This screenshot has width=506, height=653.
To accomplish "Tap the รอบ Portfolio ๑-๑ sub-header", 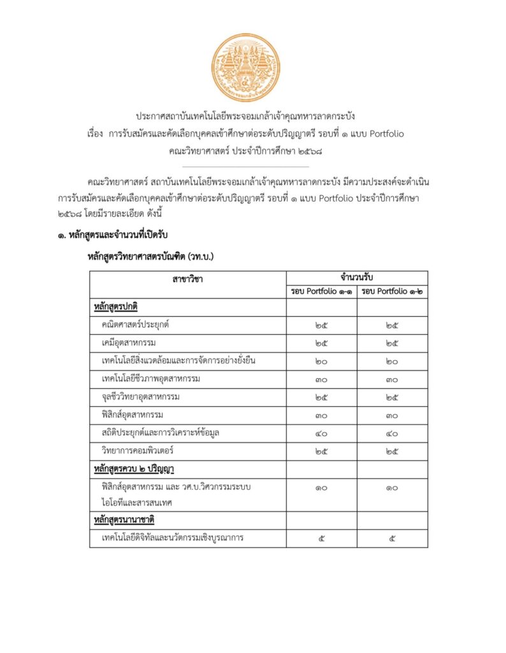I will click(x=321, y=292).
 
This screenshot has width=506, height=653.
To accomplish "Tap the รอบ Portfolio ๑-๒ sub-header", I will click(x=392, y=292).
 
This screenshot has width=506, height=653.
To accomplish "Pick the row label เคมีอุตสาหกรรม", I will click(x=129, y=343).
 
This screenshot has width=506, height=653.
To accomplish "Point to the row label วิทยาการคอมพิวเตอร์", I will click(x=138, y=451).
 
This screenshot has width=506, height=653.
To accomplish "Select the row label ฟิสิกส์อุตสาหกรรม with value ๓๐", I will click(x=133, y=415).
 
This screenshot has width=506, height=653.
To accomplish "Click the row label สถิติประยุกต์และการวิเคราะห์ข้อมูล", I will click(x=161, y=434).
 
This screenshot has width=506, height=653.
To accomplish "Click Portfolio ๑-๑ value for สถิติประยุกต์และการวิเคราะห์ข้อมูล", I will click(x=321, y=434).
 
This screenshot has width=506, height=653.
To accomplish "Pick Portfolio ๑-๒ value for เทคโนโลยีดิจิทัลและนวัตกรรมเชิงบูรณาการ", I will click(x=392, y=539).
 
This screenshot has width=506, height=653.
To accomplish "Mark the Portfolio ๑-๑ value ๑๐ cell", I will click(x=321, y=488).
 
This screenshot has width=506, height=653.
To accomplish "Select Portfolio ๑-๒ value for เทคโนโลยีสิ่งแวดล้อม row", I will click(x=392, y=362).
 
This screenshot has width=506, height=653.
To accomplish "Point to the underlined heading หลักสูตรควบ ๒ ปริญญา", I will click(x=134, y=469).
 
